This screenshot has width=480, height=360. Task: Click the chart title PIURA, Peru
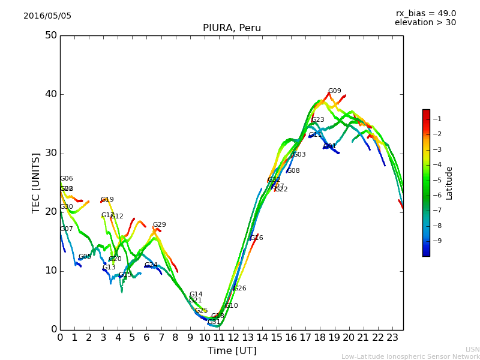click(232, 28)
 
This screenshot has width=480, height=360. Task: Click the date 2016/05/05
click(47, 16)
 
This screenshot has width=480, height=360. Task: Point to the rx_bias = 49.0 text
click(426, 14)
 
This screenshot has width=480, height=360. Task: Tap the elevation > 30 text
click(425, 23)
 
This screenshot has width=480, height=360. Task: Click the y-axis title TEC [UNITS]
click(36, 182)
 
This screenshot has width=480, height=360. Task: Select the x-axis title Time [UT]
click(232, 351)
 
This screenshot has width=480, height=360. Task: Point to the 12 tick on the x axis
click(233, 338)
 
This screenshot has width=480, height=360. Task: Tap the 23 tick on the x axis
click(392, 338)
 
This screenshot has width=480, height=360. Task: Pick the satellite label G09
click(334, 91)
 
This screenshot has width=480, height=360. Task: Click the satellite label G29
click(159, 225)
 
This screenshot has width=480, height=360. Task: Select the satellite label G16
click(257, 238)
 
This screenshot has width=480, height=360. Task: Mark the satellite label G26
click(240, 289)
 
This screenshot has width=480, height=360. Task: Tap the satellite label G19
click(107, 200)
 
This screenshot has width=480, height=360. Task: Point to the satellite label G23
click(318, 120)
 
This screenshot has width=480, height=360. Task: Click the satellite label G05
click(85, 257)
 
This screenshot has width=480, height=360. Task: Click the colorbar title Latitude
click(449, 183)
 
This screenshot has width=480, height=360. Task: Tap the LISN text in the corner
click(472, 349)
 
